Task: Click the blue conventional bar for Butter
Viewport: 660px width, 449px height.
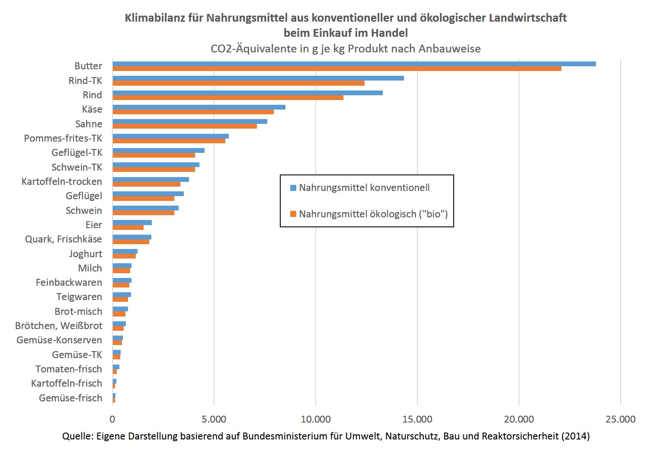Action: (x=354, y=64)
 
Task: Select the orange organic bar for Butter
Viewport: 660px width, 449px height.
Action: (x=336, y=68)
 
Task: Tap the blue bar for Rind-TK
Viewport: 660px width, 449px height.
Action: (x=258, y=78)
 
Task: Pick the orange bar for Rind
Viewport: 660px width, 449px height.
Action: (x=227, y=97)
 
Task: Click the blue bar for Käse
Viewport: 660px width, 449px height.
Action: (x=199, y=107)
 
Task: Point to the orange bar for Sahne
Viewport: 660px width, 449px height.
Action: (x=184, y=126)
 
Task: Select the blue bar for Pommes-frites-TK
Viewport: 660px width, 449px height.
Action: (x=170, y=136)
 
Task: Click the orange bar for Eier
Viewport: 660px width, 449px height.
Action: (x=128, y=227)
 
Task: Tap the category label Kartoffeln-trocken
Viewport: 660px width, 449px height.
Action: (x=62, y=181)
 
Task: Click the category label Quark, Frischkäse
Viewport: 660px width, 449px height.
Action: (x=64, y=239)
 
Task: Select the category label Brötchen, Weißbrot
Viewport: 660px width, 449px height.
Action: (x=59, y=326)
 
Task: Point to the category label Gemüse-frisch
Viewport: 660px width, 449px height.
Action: (x=70, y=398)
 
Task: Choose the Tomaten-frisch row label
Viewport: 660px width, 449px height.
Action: (x=69, y=369)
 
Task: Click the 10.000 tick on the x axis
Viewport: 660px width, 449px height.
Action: (x=316, y=419)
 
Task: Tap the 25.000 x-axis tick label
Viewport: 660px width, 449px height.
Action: (x=620, y=419)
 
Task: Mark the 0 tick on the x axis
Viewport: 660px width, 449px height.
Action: (x=112, y=419)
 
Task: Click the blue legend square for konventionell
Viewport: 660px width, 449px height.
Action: (x=293, y=188)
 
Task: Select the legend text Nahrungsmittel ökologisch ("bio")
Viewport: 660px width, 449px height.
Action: (x=373, y=214)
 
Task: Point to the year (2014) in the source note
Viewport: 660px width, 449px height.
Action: (x=575, y=436)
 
